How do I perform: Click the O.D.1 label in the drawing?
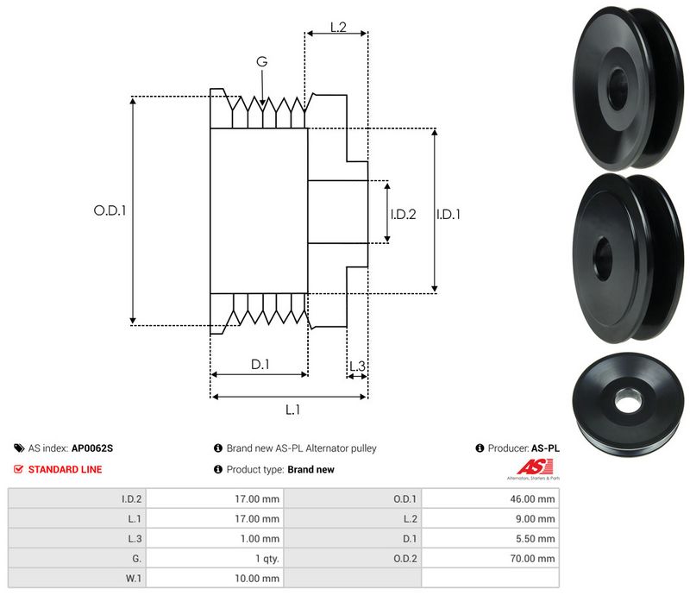(x=110, y=210)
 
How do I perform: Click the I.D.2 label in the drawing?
(x=403, y=214)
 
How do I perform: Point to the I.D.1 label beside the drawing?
(x=448, y=214)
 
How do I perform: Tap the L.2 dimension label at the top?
(x=337, y=28)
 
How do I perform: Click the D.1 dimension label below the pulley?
(x=260, y=365)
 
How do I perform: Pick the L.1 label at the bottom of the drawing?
(x=292, y=410)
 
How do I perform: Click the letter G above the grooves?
(x=261, y=61)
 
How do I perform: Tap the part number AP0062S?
(x=92, y=448)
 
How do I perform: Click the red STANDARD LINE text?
(x=65, y=470)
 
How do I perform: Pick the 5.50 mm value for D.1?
(x=535, y=538)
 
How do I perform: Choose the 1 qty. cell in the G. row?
(x=260, y=558)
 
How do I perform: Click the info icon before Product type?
(x=218, y=470)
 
